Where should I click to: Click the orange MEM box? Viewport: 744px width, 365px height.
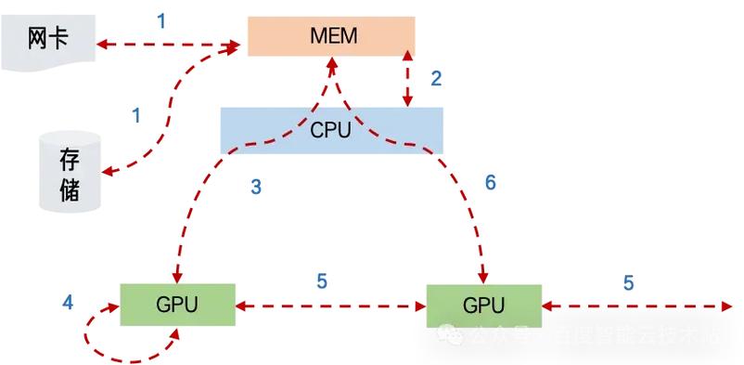[x=330, y=36]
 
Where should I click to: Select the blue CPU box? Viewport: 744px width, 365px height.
[x=330, y=129]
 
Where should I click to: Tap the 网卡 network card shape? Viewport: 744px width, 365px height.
[x=48, y=41]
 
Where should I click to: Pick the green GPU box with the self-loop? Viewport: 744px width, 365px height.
[x=175, y=305]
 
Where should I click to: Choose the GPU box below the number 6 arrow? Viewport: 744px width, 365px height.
[x=483, y=305]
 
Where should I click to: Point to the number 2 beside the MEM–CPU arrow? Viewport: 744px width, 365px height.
[x=436, y=78]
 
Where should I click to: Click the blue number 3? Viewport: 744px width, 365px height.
[x=256, y=188]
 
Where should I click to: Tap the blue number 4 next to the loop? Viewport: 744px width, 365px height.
[x=67, y=303]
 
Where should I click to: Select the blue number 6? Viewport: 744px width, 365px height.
[x=491, y=183]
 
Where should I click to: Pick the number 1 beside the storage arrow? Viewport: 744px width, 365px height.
[x=136, y=115]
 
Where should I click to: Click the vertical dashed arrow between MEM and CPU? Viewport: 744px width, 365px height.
[x=409, y=80]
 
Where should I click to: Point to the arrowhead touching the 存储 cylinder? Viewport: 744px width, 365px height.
[x=106, y=172]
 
